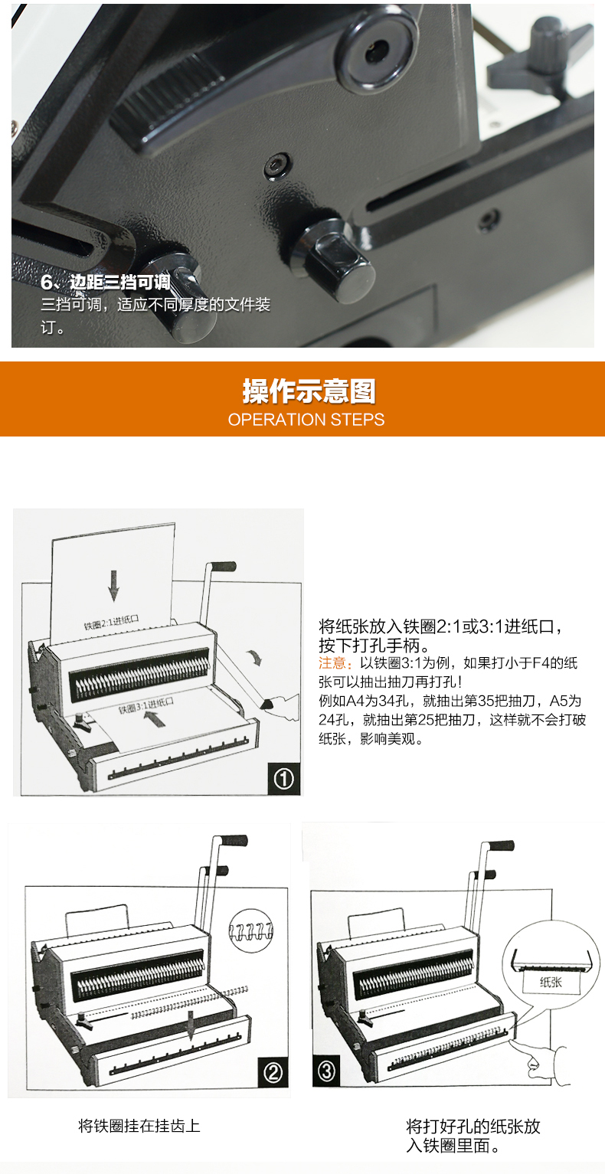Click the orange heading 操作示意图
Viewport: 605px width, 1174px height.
[309, 391]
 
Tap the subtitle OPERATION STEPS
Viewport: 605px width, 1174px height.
[306, 420]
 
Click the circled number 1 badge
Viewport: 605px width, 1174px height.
[283, 779]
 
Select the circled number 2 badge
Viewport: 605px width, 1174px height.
[273, 1072]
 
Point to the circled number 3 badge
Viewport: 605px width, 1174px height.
[326, 1070]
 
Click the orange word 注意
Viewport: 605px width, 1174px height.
[332, 663]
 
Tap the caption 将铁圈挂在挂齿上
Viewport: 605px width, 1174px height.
[139, 1126]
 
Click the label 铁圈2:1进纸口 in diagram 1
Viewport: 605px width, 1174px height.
[111, 622]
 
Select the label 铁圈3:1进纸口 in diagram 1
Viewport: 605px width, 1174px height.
[146, 705]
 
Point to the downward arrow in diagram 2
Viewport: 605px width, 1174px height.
[191, 1025]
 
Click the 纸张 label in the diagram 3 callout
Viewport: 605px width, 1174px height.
[551, 983]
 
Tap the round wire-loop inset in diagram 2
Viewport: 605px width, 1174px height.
[251, 929]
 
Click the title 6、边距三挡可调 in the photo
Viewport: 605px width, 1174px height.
[106, 282]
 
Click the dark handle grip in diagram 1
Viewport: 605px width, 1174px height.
[223, 566]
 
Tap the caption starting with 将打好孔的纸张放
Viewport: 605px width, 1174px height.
[473, 1136]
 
